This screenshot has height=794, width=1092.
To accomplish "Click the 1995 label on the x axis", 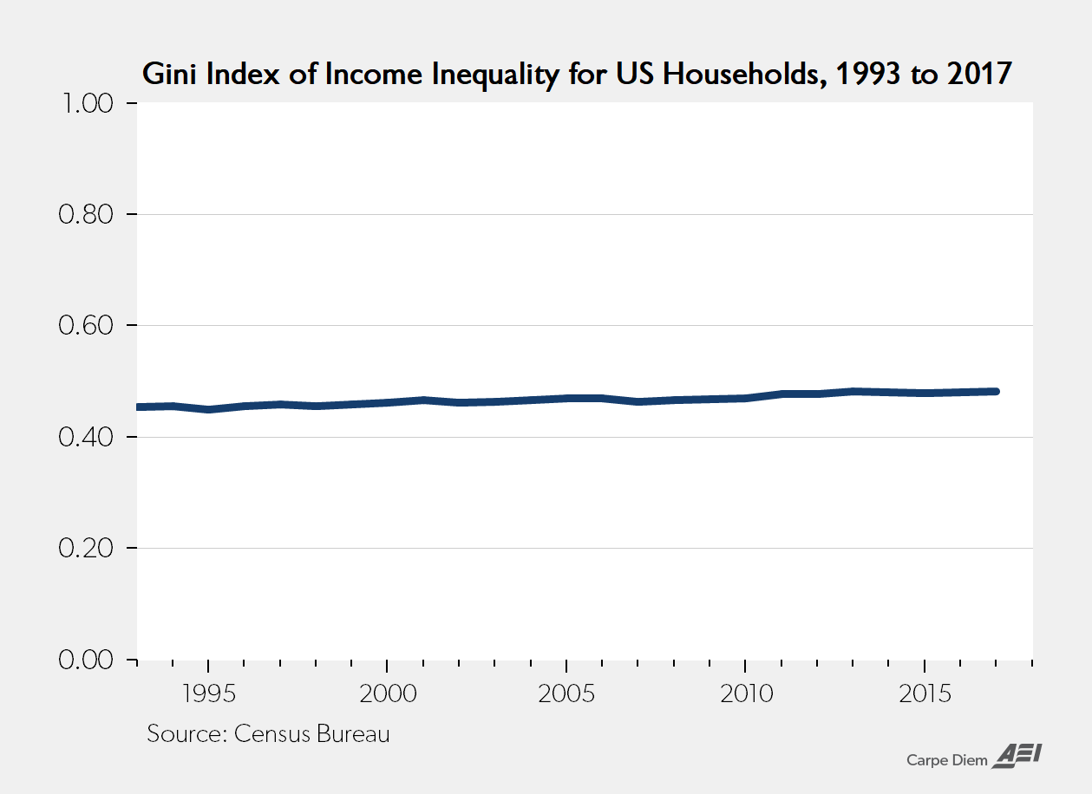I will (x=208, y=694).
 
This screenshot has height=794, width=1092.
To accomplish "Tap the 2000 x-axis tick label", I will (x=387, y=694).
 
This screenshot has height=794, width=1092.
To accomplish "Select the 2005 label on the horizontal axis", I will (x=566, y=694).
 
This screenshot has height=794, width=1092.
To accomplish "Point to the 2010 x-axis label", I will (x=745, y=694).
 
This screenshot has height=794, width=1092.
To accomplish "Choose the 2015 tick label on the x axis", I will (x=925, y=694).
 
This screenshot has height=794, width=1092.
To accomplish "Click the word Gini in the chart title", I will (x=167, y=75).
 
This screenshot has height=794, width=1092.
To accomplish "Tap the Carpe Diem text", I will (x=947, y=760).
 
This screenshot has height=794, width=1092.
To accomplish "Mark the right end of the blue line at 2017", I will (x=996, y=392).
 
